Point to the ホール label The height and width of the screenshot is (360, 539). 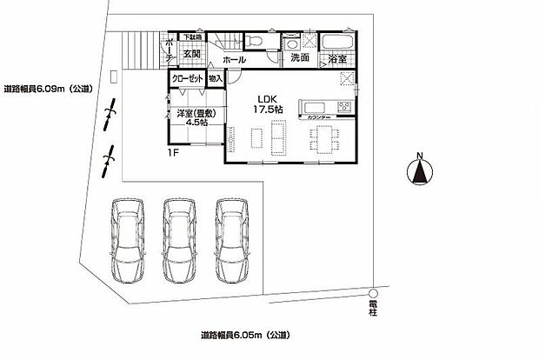[233, 60]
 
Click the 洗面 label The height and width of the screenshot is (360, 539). [300, 58]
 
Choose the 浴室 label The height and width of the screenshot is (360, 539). [337, 59]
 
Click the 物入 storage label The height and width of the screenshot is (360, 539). [216, 78]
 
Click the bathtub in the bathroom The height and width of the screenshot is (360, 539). [336, 43]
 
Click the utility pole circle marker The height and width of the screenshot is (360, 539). [372, 292]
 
